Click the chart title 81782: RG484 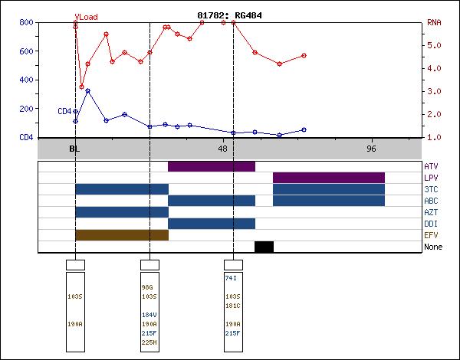[230, 15]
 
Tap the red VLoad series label [86, 17]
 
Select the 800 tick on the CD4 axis [26, 23]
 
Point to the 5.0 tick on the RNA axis [435, 45]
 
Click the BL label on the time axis [74, 149]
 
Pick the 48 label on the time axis [223, 149]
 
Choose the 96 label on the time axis [372, 149]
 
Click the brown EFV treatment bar [121, 235]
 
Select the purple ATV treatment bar [212, 166]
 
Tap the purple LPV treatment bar [329, 178]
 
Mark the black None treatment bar [264, 247]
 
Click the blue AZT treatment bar [121, 212]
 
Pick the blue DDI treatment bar [212, 224]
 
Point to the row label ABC [432, 201]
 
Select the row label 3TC [432, 189]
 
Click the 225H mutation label [149, 342]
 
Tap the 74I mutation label [231, 278]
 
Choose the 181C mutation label [233, 306]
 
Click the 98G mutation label [147, 287]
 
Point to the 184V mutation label [149, 315]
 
